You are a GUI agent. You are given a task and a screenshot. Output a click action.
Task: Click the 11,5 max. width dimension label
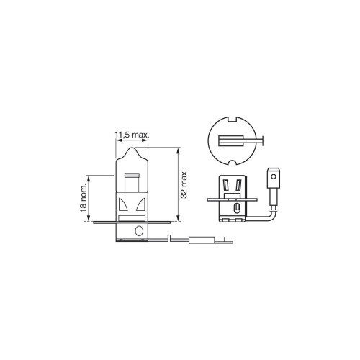point(132,135)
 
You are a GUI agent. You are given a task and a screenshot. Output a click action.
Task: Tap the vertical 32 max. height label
point(184,184)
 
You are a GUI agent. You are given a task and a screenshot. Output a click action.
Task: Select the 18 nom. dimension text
point(83,198)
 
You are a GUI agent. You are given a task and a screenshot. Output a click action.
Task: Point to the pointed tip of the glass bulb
point(132,148)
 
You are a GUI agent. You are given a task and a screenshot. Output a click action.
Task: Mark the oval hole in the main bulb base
point(139,231)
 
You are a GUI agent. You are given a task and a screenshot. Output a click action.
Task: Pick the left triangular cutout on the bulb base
point(123,204)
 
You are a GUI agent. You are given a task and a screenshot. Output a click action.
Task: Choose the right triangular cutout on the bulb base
point(140,204)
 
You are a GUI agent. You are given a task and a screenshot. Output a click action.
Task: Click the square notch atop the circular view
point(233,120)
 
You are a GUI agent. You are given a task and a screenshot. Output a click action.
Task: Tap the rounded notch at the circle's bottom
point(233,163)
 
